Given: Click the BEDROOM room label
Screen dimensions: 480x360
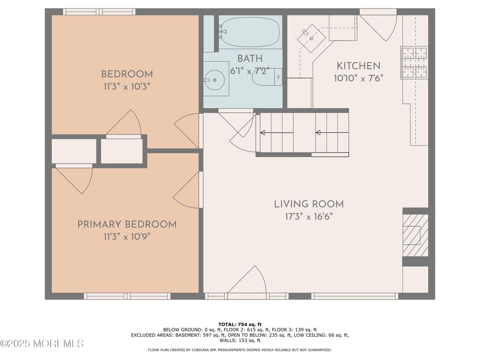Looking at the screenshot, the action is click(x=127, y=74).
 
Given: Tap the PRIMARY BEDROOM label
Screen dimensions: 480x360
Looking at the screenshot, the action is click(x=127, y=224).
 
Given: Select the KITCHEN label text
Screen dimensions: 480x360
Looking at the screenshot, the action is click(x=359, y=66).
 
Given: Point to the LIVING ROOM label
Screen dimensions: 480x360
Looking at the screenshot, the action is click(x=309, y=204).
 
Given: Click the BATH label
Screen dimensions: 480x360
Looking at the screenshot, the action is click(x=250, y=59).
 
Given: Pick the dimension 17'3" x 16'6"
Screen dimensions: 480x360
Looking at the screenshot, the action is click(x=309, y=217).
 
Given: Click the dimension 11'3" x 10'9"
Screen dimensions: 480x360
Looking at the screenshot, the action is click(x=127, y=236).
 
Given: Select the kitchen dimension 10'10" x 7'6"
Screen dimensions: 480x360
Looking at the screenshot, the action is click(x=359, y=78).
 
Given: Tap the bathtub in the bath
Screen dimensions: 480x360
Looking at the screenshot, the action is click(x=249, y=32).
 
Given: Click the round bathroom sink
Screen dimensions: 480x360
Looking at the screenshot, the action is click(x=214, y=80).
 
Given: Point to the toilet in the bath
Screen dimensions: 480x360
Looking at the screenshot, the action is click(x=267, y=77).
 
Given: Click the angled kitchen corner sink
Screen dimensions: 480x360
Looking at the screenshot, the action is click(x=312, y=39).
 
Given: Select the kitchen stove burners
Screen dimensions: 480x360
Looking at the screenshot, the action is click(x=414, y=63).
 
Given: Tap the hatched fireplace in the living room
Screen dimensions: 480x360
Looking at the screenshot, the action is click(x=415, y=235).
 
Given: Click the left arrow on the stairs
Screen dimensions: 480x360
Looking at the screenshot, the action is click(x=277, y=133).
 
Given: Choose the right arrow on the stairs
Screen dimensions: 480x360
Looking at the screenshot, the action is click(x=332, y=133).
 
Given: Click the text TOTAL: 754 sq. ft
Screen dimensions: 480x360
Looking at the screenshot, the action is click(x=240, y=325).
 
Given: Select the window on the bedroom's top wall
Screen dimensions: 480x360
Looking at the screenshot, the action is click(x=99, y=12).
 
